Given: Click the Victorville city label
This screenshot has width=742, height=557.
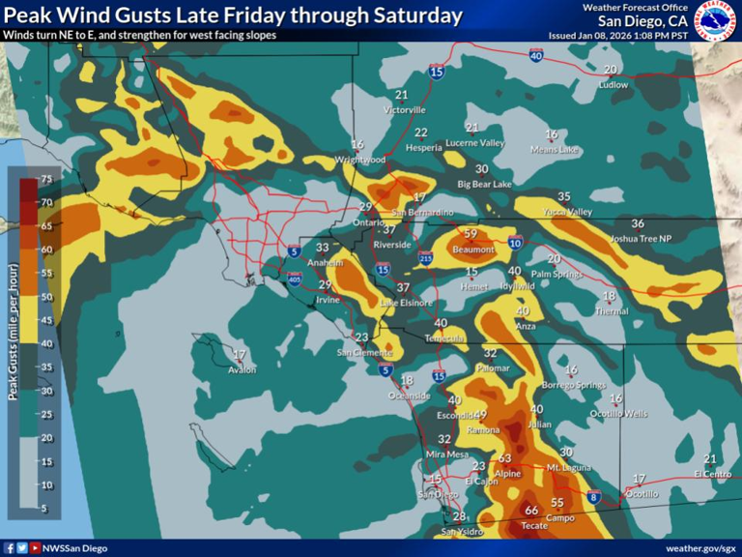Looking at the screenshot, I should [405, 110].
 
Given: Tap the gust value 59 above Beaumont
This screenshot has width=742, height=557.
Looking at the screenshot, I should [471, 234].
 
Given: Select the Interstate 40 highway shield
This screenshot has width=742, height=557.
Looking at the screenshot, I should [536, 56].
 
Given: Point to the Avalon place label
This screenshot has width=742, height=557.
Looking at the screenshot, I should [243, 369].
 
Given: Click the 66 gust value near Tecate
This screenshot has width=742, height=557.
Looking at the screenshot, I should [531, 510].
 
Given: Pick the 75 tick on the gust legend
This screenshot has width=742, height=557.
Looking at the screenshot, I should [45, 179].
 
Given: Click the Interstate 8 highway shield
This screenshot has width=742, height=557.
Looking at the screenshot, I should [594, 498].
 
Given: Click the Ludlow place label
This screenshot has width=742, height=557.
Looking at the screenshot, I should [613, 85].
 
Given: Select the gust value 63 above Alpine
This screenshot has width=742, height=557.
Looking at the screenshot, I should [504, 458].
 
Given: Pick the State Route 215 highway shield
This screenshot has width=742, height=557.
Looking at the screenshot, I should [426, 257].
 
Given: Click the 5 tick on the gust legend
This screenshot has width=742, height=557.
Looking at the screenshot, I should [45, 509].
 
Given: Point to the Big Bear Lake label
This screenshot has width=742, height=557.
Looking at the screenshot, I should [484, 184].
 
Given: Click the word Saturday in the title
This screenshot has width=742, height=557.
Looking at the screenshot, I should [415, 15].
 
